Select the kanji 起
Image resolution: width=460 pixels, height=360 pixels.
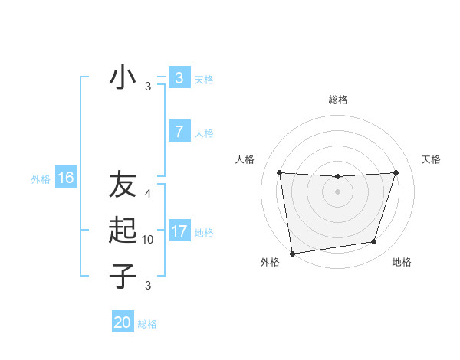[x=123, y=231]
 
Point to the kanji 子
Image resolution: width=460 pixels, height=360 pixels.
[x=123, y=276]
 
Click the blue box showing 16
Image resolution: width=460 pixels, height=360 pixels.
[x=66, y=178]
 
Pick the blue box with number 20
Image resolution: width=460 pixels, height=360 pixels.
[x=123, y=322]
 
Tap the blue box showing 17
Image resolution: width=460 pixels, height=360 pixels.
[x=179, y=231]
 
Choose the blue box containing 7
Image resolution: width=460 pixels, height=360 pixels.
[x=179, y=132]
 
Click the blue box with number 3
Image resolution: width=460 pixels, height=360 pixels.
[x=179, y=78]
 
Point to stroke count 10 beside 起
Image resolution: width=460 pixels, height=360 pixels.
[x=149, y=240]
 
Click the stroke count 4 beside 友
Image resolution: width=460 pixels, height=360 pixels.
[x=149, y=194]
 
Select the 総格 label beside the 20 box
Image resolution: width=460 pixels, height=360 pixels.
[x=147, y=324]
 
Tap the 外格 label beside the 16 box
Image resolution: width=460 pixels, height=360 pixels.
[x=41, y=179]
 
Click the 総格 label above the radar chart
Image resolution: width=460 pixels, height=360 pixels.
[x=337, y=100]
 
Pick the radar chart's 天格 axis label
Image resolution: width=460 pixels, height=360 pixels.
[x=431, y=159]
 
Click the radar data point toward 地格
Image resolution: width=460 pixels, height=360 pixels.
[x=374, y=242]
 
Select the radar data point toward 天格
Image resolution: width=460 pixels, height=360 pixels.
[x=396, y=172]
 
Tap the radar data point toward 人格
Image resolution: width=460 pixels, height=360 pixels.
[x=279, y=173]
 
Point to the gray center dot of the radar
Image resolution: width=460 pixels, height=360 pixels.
[x=337, y=191]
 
